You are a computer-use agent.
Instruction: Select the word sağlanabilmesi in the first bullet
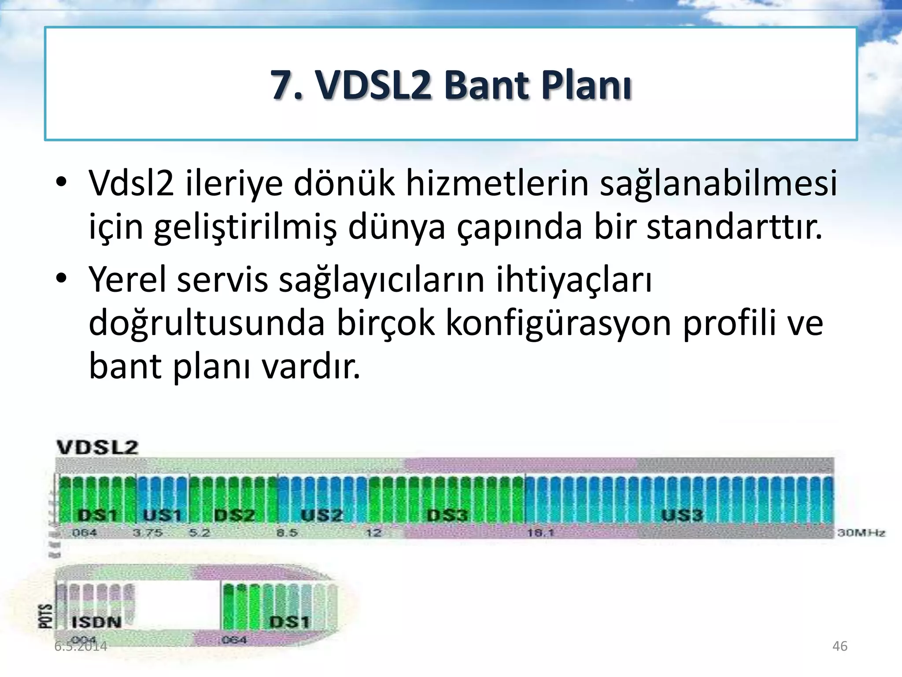point(718,183)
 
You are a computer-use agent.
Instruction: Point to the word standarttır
point(734,227)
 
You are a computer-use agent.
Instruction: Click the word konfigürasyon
point(559,324)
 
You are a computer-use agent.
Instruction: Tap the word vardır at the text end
point(311,367)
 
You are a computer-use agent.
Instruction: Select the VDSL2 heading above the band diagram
point(97,447)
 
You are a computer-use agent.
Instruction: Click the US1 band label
point(163,515)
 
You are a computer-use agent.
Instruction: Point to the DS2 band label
point(234,515)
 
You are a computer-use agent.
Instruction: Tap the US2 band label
point(322,515)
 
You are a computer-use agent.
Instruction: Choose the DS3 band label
point(447,515)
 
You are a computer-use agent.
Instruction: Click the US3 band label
point(682,515)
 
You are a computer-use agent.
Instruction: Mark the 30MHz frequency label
point(861,533)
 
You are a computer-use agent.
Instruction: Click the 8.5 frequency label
point(287,533)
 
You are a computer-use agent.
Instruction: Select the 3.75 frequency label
point(148,533)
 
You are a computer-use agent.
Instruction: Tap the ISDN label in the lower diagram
point(96,622)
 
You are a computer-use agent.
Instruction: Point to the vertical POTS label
point(45,616)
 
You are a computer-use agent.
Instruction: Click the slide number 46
point(839,646)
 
